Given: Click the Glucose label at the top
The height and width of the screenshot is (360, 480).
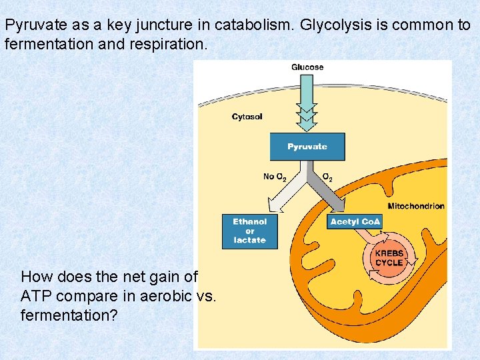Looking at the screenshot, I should pos(307,67).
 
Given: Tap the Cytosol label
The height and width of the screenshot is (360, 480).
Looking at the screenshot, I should pos(247,117).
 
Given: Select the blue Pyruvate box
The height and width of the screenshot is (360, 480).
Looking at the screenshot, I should pos(307,147).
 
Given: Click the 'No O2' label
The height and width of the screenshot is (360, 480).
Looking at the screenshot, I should pos(275,177).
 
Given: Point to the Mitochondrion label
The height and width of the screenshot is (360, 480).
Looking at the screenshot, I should pos(416,206).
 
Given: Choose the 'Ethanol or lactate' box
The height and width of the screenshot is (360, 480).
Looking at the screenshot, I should pos(249,231).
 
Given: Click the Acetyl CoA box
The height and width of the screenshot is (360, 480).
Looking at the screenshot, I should pos(355,221).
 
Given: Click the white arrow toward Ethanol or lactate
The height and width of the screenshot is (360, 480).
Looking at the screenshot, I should pos(283,193).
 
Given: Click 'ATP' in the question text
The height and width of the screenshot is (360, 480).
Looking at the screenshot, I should pos(35,295).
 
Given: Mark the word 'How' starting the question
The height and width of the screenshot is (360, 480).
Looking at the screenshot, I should pos(35,276).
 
